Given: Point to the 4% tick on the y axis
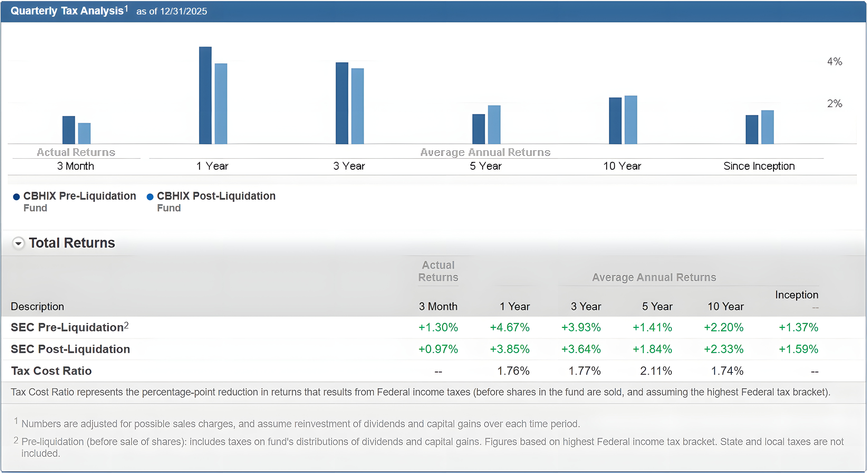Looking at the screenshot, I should (x=834, y=61).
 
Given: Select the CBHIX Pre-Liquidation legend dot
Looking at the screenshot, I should (x=16, y=197).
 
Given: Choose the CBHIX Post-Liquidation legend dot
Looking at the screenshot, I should (x=150, y=197).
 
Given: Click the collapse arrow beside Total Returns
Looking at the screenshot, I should (x=19, y=243).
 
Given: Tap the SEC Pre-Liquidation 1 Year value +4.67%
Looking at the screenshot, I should (x=510, y=327).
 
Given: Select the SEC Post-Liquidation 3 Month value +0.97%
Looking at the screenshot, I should (x=438, y=349).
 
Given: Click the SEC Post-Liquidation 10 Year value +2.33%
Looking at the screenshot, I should (x=724, y=349).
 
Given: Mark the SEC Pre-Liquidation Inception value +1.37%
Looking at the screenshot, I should (x=798, y=327).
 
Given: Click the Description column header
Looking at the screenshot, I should (x=37, y=307).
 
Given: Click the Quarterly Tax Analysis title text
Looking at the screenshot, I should (x=67, y=11).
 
